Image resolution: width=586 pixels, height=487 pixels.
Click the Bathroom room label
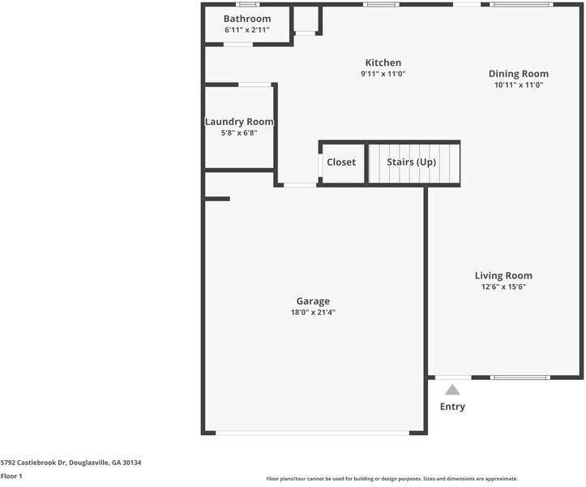click(247, 19)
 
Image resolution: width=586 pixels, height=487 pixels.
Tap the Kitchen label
click(383, 62)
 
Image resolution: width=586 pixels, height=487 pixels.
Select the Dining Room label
click(519, 74)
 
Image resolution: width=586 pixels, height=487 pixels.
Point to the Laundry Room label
click(239, 122)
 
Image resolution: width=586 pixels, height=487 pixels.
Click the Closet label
click(341, 162)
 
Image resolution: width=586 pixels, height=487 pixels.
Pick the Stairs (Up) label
click(412, 162)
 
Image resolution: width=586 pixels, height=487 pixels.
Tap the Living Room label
click(503, 275)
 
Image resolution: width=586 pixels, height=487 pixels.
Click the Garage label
click(313, 301)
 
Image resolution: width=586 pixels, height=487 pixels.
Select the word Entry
click(452, 407)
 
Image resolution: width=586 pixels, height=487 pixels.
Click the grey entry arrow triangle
click(452, 390)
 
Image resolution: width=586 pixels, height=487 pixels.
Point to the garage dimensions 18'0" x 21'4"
click(313, 312)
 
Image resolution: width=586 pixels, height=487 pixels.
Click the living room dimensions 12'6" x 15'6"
click(503, 287)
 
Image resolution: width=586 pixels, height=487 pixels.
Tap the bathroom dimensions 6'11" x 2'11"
click(247, 30)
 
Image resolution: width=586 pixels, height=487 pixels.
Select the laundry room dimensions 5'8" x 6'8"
click(239, 133)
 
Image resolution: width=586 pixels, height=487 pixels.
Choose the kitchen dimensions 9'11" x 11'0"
click(383, 74)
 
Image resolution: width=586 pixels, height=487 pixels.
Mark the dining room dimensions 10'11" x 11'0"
click(519, 85)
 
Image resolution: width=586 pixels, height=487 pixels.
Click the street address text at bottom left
click(71, 463)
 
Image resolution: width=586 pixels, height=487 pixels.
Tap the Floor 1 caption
click(11, 476)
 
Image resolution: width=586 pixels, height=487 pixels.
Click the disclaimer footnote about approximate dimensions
click(392, 479)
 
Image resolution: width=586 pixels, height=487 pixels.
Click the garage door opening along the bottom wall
click(312, 433)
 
